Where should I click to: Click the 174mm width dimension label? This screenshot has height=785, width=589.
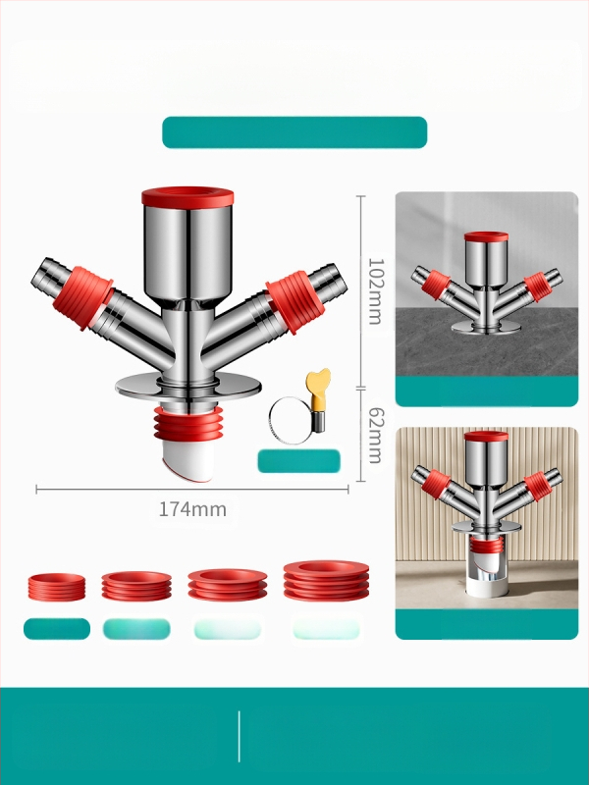point(192,509)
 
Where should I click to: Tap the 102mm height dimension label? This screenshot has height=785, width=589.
point(376,291)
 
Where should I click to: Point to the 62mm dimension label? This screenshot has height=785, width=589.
point(376,435)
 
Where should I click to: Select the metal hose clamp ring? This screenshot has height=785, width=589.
point(292,420)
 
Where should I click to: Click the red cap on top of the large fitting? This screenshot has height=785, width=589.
point(187,197)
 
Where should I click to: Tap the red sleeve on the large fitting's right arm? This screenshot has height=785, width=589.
point(295,302)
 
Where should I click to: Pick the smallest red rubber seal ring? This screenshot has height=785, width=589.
point(57,587)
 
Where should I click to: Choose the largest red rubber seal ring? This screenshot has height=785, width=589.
point(326,581)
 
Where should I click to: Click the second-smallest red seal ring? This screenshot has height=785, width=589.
point(136,586)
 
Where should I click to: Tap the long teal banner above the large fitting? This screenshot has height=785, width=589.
point(294,132)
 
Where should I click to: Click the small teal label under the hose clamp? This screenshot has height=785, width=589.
point(299,461)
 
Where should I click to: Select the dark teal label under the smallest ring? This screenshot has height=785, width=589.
point(57,629)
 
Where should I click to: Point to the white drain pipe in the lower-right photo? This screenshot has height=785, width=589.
point(486,576)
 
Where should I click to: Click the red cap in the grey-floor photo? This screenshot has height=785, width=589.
point(486,236)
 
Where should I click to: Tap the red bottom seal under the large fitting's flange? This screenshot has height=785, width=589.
point(187,424)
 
